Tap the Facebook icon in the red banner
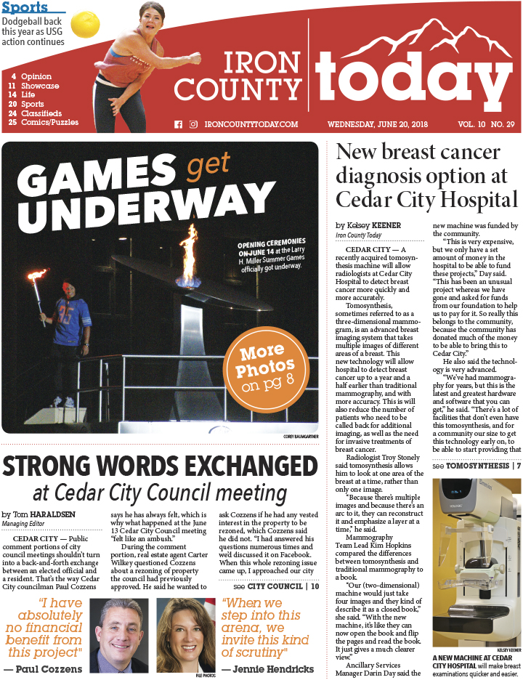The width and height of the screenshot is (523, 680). tap(178, 124)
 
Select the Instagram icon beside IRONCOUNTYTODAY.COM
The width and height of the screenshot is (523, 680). tap(193, 124)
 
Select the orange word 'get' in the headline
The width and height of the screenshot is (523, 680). tap(208, 167)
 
